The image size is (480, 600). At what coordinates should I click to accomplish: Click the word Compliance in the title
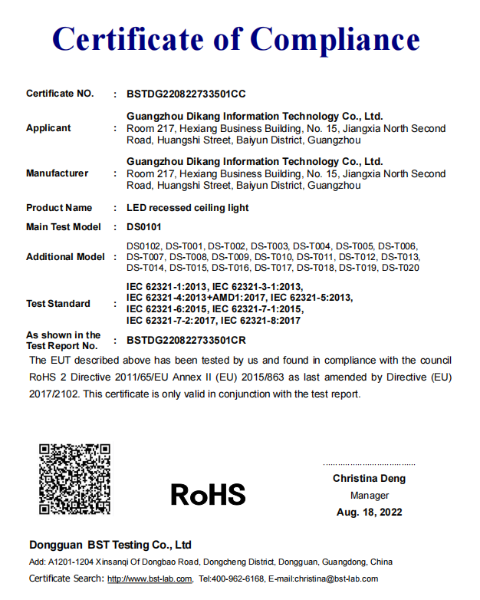tap(335, 38)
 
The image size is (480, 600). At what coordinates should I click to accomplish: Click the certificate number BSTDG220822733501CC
tap(186, 94)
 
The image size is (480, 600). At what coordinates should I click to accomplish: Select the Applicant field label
tap(48, 128)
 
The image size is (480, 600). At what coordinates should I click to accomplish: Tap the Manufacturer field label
tap(57, 173)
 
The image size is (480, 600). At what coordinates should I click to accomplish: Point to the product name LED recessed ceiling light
tap(187, 208)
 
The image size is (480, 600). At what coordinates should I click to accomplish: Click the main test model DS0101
tap(145, 228)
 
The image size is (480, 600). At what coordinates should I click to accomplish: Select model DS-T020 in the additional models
tap(400, 268)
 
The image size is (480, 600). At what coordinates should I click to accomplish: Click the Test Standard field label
tap(58, 304)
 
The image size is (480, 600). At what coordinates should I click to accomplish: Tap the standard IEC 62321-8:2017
tap(261, 320)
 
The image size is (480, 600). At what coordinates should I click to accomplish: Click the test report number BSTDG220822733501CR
tap(186, 340)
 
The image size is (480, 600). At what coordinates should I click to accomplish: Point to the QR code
tap(75, 480)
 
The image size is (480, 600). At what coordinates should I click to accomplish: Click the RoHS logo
tap(208, 494)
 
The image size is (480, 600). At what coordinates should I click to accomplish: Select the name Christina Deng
tap(369, 479)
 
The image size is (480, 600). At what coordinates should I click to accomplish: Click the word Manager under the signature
tap(370, 496)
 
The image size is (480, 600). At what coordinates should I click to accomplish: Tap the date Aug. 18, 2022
tap(370, 513)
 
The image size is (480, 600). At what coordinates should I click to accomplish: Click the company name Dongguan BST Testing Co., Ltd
tap(110, 546)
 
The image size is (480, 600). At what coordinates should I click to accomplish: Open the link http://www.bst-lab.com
tap(150, 579)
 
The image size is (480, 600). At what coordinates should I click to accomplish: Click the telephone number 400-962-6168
tap(238, 579)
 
